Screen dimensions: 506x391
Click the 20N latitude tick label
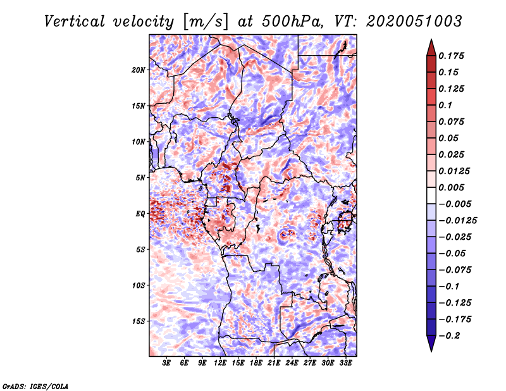139,70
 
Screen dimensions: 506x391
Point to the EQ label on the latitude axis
140,214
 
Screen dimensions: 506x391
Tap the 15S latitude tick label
139,321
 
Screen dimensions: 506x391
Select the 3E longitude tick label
166,363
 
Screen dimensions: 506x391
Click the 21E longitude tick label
274,363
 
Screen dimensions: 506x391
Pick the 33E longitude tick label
345,363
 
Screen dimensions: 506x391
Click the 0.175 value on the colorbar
451,56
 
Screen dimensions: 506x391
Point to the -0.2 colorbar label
449,336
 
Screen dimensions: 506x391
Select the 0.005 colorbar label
451,187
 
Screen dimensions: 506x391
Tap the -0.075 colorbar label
455,270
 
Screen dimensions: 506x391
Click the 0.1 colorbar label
445,105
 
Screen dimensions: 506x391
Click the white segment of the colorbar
431,195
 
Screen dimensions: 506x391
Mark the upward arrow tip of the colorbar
431,39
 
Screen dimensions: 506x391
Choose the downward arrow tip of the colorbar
431,352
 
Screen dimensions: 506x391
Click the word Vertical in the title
75,22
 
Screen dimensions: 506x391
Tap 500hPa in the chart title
292,22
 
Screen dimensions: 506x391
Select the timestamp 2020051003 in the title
414,22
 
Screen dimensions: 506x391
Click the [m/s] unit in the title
206,22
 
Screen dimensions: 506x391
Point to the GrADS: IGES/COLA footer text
35,387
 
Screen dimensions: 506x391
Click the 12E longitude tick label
219,363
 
